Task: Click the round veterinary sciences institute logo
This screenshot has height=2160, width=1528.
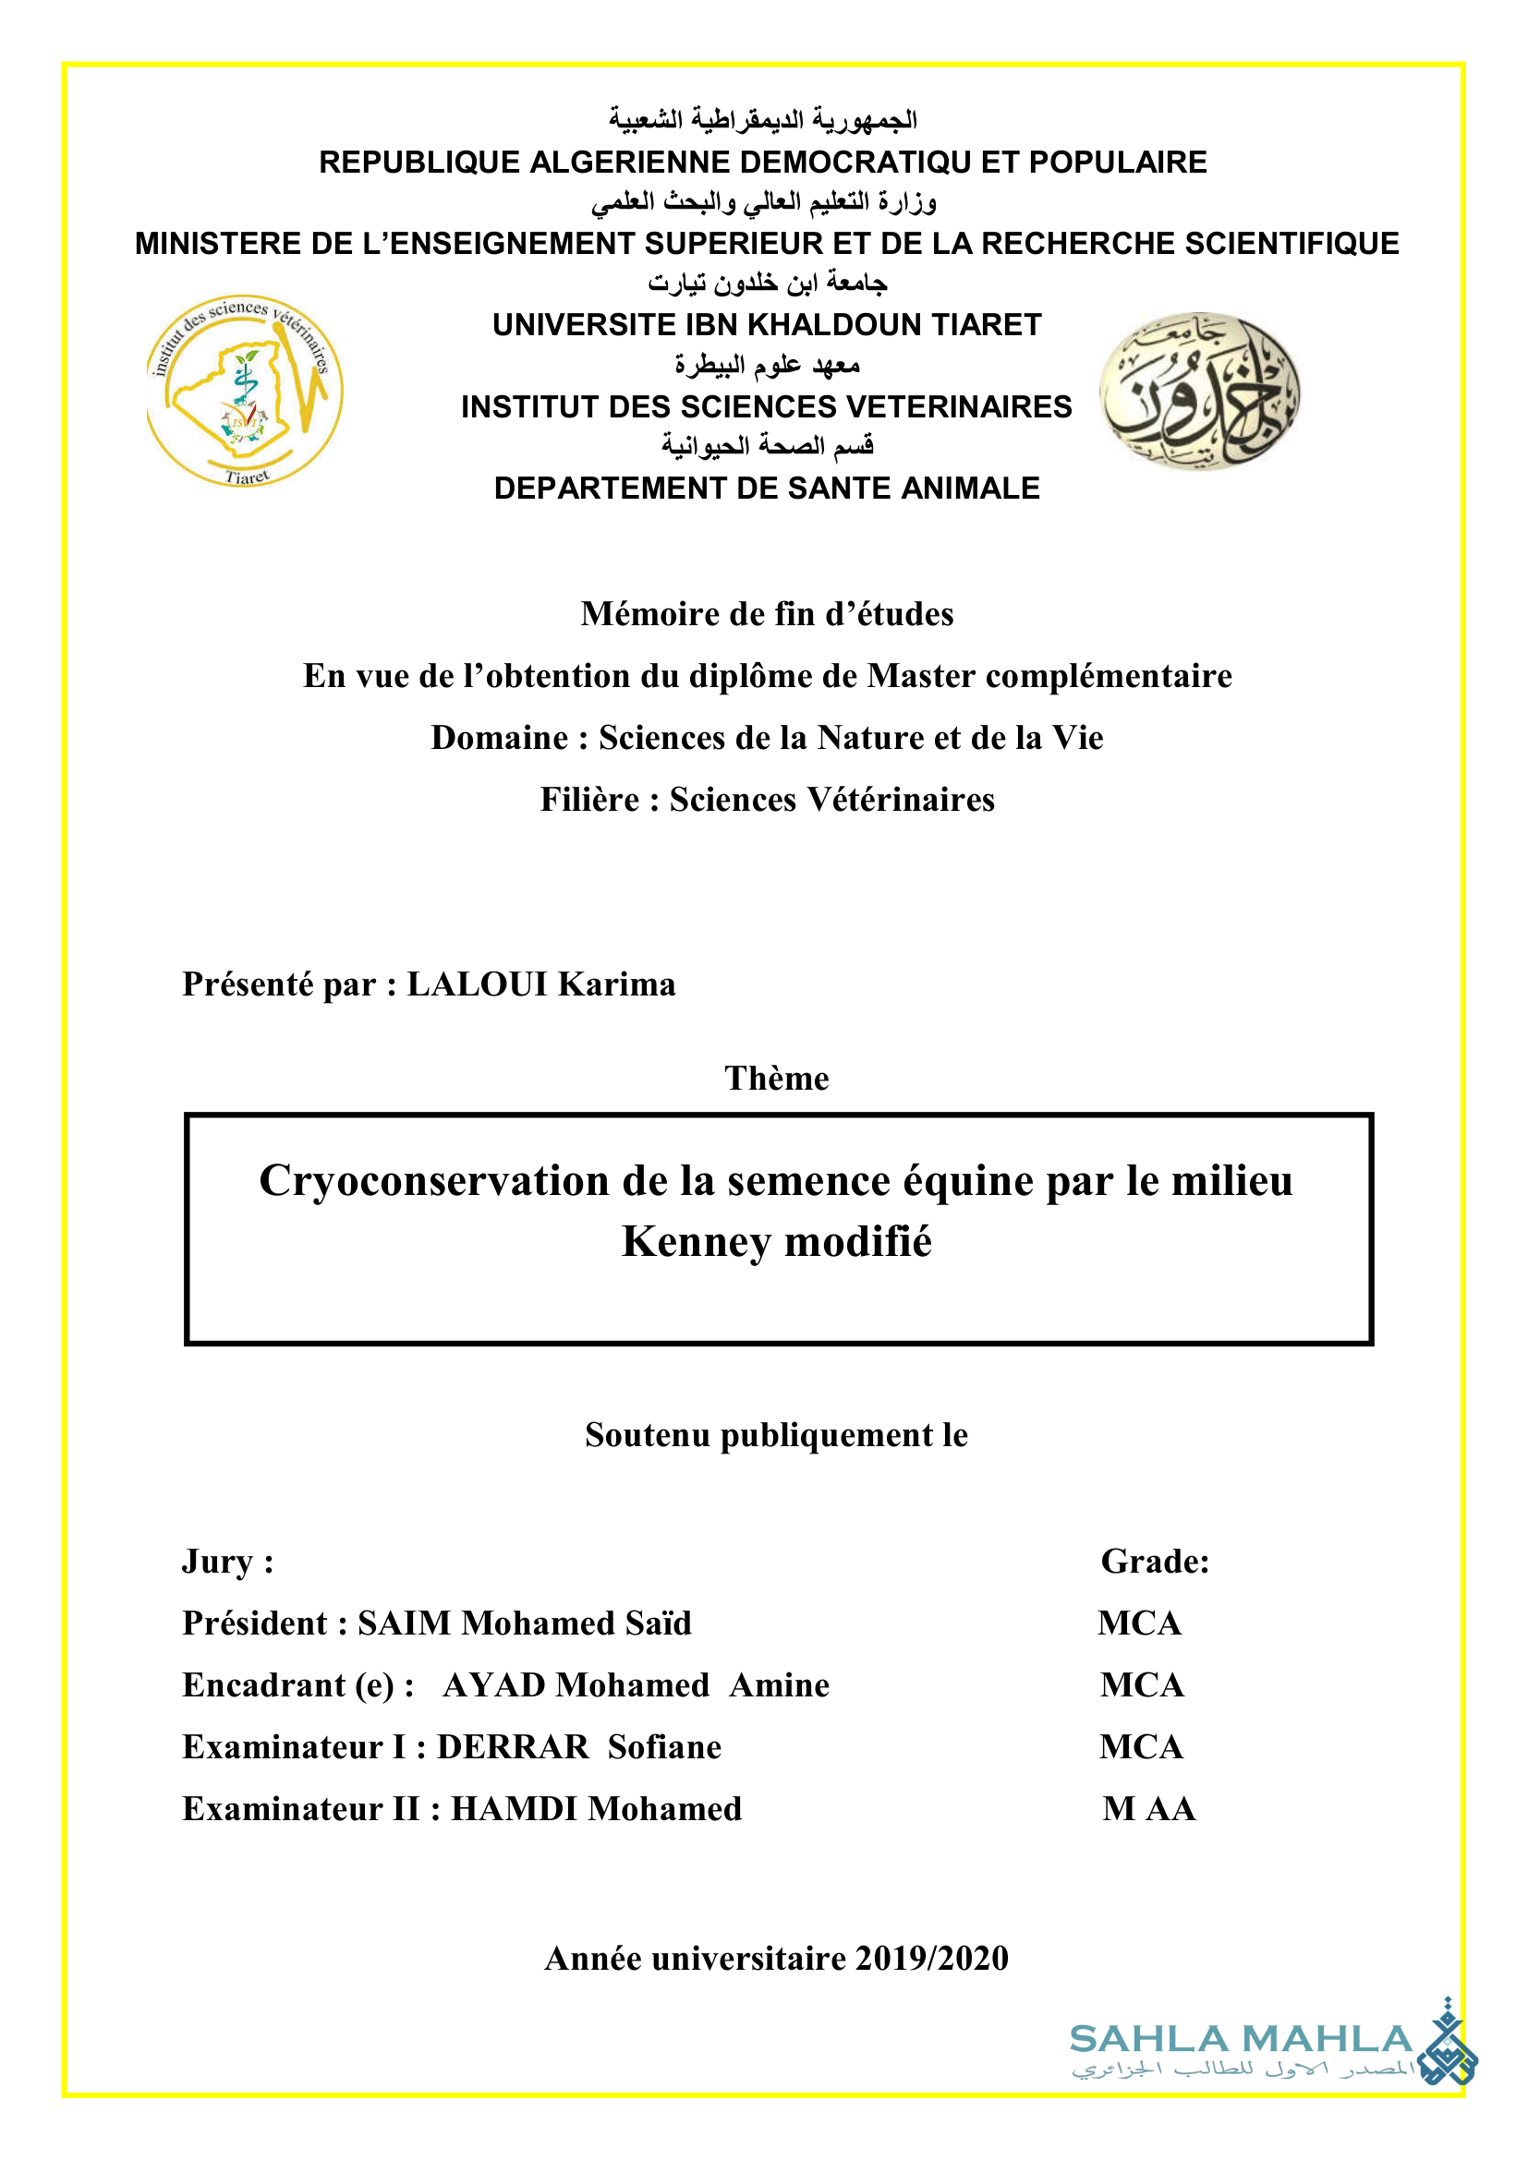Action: pyautogui.click(x=245, y=391)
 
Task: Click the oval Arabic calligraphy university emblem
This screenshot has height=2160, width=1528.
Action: pyautogui.click(x=1200, y=391)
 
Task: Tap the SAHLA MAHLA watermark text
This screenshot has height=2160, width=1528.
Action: pyautogui.click(x=1241, y=2039)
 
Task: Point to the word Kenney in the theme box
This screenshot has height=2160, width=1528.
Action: pyautogui.click(x=696, y=1242)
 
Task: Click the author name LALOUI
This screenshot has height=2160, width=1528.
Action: pyautogui.click(x=476, y=984)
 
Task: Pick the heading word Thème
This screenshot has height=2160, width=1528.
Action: pyautogui.click(x=776, y=1078)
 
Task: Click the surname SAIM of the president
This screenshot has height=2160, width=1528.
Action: pyautogui.click(x=404, y=1623)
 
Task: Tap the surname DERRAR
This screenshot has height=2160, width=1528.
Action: pyautogui.click(x=513, y=1747)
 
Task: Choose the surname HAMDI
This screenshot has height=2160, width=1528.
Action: pyautogui.click(x=514, y=1809)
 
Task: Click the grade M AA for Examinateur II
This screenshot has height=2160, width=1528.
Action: pyautogui.click(x=1149, y=1809)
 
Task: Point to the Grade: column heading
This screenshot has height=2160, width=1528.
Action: pyautogui.click(x=1155, y=1562)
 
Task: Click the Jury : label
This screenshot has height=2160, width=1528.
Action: pyautogui.click(x=227, y=1562)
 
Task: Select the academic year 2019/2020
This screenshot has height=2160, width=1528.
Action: pyautogui.click(x=931, y=1959)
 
